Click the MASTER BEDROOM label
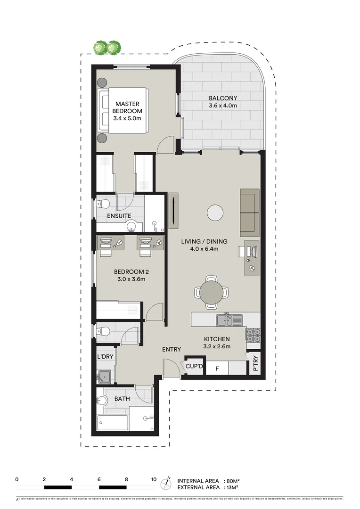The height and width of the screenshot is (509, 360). [x=127, y=111]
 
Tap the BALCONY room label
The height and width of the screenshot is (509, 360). [x=223, y=102]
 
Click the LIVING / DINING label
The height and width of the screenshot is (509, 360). [x=200, y=246]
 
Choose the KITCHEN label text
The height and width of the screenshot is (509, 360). [x=217, y=343]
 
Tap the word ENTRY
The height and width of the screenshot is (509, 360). [x=172, y=349]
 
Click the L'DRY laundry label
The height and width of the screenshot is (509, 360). [x=105, y=357]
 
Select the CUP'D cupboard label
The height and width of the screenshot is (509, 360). [x=194, y=366]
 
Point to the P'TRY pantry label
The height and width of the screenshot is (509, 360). [x=255, y=364]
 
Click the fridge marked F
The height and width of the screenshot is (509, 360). [x=217, y=368]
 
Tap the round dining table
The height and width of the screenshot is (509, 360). [x=212, y=292]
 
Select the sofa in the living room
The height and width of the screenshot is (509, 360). [x=249, y=213]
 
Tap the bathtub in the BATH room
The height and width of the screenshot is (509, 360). [x=113, y=422]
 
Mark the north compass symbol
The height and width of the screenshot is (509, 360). [x=166, y=484]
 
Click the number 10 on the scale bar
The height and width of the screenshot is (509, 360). [x=154, y=479]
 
